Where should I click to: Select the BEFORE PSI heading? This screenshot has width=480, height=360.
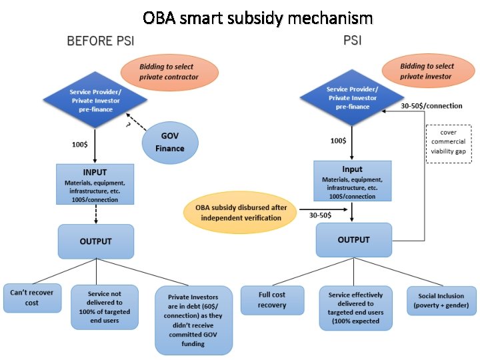point(101,41)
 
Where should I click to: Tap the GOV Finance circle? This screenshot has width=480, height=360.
point(170,141)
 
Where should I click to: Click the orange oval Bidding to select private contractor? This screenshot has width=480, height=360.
point(168,72)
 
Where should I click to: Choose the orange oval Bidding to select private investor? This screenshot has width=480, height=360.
point(426,71)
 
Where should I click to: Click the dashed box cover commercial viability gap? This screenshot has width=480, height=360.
point(448,141)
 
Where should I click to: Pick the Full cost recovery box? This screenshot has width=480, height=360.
point(271,300)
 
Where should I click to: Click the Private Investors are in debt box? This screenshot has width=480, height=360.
point(193,321)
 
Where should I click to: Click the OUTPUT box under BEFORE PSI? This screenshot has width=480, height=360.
point(96,241)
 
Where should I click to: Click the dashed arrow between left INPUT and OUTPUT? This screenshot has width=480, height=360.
point(96,214)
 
